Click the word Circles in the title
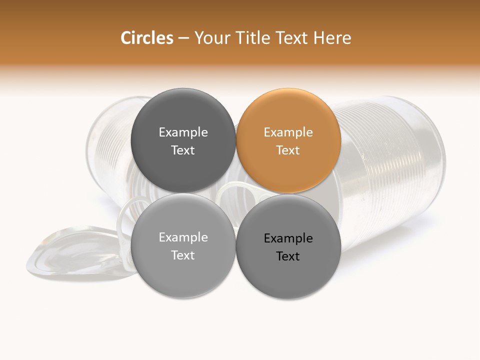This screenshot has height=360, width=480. tap(146, 38)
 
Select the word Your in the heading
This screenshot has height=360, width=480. tap(211, 38)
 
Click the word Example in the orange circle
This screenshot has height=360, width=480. tap(288, 132)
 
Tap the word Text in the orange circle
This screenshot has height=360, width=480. tap(288, 150)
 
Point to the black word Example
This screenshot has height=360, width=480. tap(288, 238)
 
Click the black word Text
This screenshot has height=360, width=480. tap(288, 256)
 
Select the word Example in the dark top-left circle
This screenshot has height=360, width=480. tap(183, 132)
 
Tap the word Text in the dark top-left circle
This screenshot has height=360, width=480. tap(183, 150)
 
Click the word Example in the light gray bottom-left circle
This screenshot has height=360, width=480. tap(183, 237)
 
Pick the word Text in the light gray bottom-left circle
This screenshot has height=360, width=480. tap(183, 255)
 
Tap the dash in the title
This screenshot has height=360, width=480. tap(183, 38)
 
